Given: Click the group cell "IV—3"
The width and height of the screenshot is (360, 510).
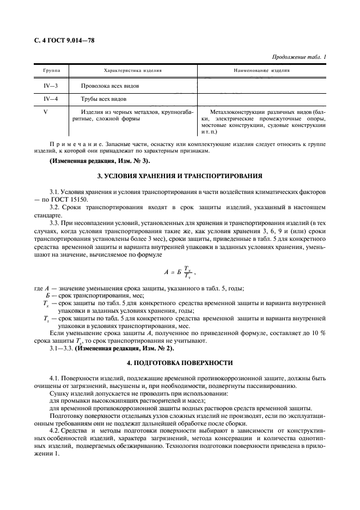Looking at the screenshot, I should (52, 86).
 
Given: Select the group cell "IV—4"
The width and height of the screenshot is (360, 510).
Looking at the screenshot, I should (52, 99).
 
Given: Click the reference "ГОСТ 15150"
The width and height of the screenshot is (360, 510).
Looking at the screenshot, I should (64, 201).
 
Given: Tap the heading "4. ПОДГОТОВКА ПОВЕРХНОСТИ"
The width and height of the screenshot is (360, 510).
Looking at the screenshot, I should (180, 362).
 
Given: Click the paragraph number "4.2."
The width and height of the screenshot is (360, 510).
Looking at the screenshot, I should (55, 429).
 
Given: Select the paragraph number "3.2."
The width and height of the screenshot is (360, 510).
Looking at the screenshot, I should (55, 208).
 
